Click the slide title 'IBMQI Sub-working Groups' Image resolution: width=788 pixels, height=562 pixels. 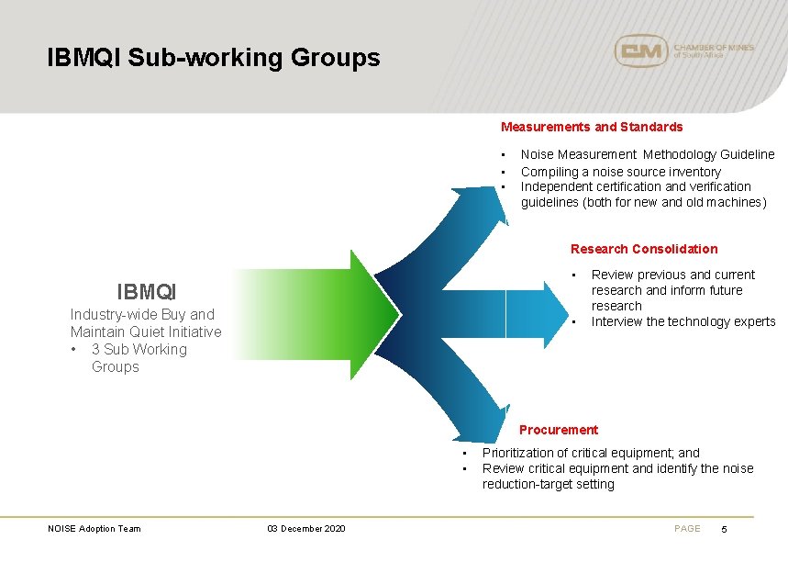tap(214, 58)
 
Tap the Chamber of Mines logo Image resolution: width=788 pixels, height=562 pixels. tap(683, 51)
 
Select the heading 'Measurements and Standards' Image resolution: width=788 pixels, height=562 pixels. tap(592, 127)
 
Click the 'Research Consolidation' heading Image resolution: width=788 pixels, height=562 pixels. tap(644, 249)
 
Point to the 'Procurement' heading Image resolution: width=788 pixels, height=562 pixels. tap(558, 430)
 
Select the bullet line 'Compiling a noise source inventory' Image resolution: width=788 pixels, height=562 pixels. tap(620, 172)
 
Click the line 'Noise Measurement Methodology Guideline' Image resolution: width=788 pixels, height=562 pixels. tap(648, 154)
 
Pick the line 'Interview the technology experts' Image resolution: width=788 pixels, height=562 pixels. tap(683, 321)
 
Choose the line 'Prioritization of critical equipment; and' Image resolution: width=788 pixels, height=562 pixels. tap(591, 453)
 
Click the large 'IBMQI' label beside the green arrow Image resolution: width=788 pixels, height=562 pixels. tap(147, 292)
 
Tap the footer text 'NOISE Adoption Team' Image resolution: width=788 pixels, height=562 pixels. tap(94, 528)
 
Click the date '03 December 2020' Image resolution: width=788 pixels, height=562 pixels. tap(306, 528)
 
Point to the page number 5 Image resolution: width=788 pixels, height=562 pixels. tap(724, 529)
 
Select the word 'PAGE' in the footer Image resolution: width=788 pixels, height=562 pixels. tap(687, 528)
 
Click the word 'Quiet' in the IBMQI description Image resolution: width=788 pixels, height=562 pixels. tap(153, 332)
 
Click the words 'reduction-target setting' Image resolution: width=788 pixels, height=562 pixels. tap(549, 484)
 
